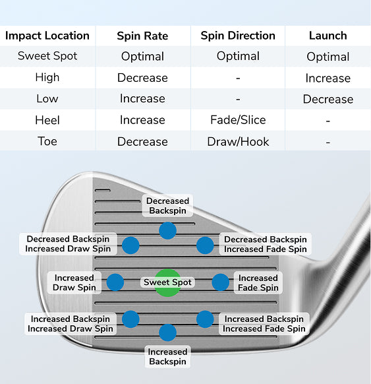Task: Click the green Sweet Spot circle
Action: point(167,282)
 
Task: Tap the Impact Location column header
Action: point(47,36)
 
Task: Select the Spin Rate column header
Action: point(142,36)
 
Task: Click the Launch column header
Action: point(328,36)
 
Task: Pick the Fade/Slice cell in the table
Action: point(238,120)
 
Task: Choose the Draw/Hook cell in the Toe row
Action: point(238,142)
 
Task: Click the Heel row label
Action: point(47,120)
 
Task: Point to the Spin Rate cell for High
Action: point(142,78)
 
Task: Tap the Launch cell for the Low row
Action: point(328,99)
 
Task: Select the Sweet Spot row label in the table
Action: point(47,56)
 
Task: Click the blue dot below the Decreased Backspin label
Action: point(167,231)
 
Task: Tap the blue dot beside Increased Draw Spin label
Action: point(115,282)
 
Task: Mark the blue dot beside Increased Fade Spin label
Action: point(220,282)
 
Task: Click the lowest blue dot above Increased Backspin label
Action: point(167,333)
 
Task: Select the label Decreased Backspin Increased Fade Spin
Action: point(266,244)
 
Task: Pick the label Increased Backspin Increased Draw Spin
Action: point(71,324)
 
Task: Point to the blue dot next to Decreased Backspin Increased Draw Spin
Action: point(130,245)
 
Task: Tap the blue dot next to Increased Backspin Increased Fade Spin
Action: point(205,319)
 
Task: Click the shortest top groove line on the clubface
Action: point(103,190)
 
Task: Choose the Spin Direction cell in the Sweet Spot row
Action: point(238,56)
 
